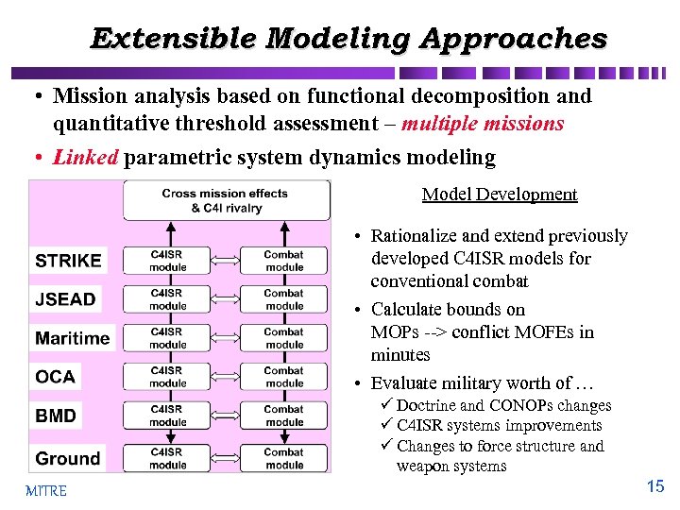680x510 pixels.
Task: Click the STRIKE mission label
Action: (x=68, y=261)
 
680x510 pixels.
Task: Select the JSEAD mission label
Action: (x=65, y=299)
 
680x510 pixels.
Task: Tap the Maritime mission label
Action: (x=73, y=338)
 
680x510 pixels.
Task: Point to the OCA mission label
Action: (x=55, y=377)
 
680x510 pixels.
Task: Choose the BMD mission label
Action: (x=56, y=416)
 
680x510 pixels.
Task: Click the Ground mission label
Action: (x=67, y=459)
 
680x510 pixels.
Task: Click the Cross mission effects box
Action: (x=226, y=200)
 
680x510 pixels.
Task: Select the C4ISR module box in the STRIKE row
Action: (x=167, y=261)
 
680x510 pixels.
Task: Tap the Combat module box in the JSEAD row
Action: (x=284, y=299)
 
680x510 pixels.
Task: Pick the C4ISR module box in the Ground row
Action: (x=167, y=459)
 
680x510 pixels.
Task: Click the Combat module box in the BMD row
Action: (x=284, y=416)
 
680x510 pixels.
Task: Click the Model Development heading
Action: (x=499, y=195)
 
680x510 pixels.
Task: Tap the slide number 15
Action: (x=655, y=487)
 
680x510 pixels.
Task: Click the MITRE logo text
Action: (x=46, y=491)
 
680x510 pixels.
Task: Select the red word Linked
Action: (x=86, y=157)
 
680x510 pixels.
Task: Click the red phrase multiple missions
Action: (x=483, y=124)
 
